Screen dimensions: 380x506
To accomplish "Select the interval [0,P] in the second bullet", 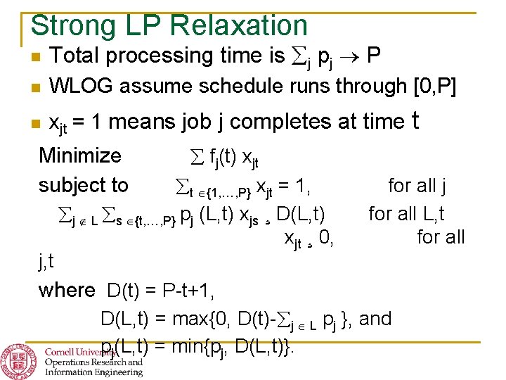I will coord(435,87).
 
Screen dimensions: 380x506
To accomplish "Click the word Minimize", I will coord(80,155).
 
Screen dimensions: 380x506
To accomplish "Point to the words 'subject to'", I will coord(84,185).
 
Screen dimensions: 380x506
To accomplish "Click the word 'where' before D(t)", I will coord(67,290).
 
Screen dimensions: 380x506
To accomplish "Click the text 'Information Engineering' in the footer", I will coord(93,373).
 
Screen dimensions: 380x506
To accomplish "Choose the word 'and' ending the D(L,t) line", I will coord(375,319).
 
